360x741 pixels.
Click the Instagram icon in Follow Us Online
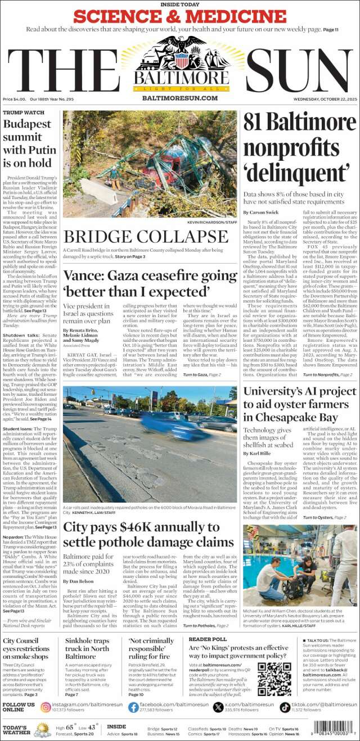[x=46, y=707]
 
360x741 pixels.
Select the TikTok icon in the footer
[x=285, y=707]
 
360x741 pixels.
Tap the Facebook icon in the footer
[x=132, y=707]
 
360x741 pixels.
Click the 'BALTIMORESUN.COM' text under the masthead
[x=179, y=98]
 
